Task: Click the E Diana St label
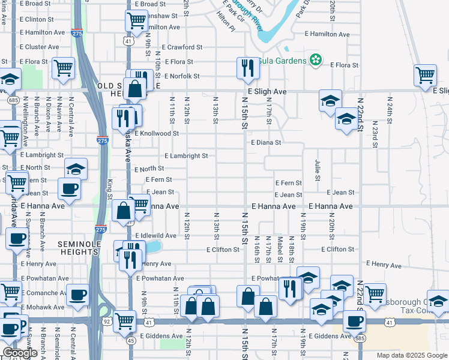[267, 143]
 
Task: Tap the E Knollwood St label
[157, 133]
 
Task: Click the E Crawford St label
[185, 47]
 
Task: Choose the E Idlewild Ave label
[156, 236]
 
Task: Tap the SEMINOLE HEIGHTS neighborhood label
[78, 248]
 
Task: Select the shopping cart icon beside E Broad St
[136, 21]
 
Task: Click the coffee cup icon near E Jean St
[70, 188]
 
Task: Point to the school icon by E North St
[76, 169]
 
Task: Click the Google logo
[20, 353]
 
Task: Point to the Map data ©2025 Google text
[412, 355]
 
